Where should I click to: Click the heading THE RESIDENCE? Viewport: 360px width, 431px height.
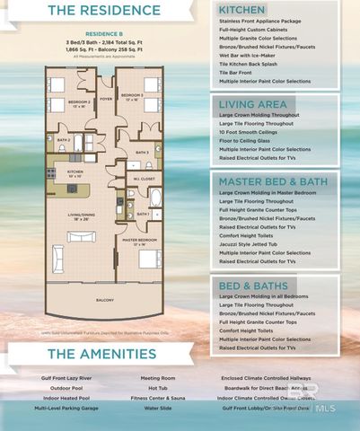pos(99,12)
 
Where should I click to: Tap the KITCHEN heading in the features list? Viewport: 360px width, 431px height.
pos(241,10)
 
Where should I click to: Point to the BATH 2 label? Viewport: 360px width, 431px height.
pos(64,141)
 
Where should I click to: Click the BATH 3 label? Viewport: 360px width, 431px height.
pos(142,153)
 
